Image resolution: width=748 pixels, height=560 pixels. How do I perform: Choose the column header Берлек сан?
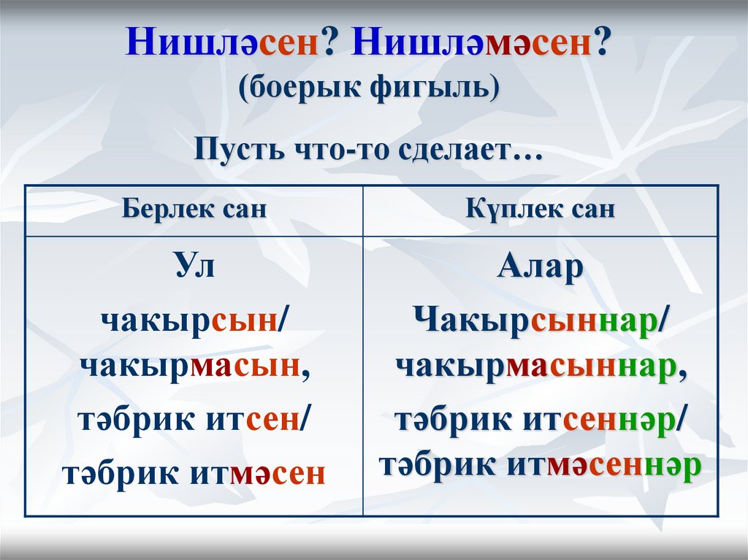click(194, 210)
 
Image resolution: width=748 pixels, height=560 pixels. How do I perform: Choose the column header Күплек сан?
click(541, 210)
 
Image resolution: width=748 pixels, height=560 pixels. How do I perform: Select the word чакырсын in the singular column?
click(189, 322)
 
